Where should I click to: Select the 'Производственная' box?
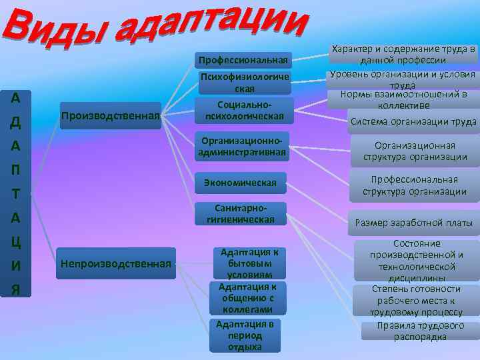111,116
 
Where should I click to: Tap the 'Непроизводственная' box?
116,263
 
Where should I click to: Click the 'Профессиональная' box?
244,61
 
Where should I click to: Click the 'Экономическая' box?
239,181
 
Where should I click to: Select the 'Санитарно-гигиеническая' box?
240,213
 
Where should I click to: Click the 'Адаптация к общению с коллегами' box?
247,298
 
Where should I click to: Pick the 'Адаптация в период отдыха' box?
245,335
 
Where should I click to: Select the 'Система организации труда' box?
413,121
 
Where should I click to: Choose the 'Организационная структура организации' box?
415,151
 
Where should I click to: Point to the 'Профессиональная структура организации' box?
415,186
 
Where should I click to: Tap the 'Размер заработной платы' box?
413,223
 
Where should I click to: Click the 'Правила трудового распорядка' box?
420,331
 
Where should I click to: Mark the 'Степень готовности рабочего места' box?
416,300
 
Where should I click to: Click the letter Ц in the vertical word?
15,241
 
